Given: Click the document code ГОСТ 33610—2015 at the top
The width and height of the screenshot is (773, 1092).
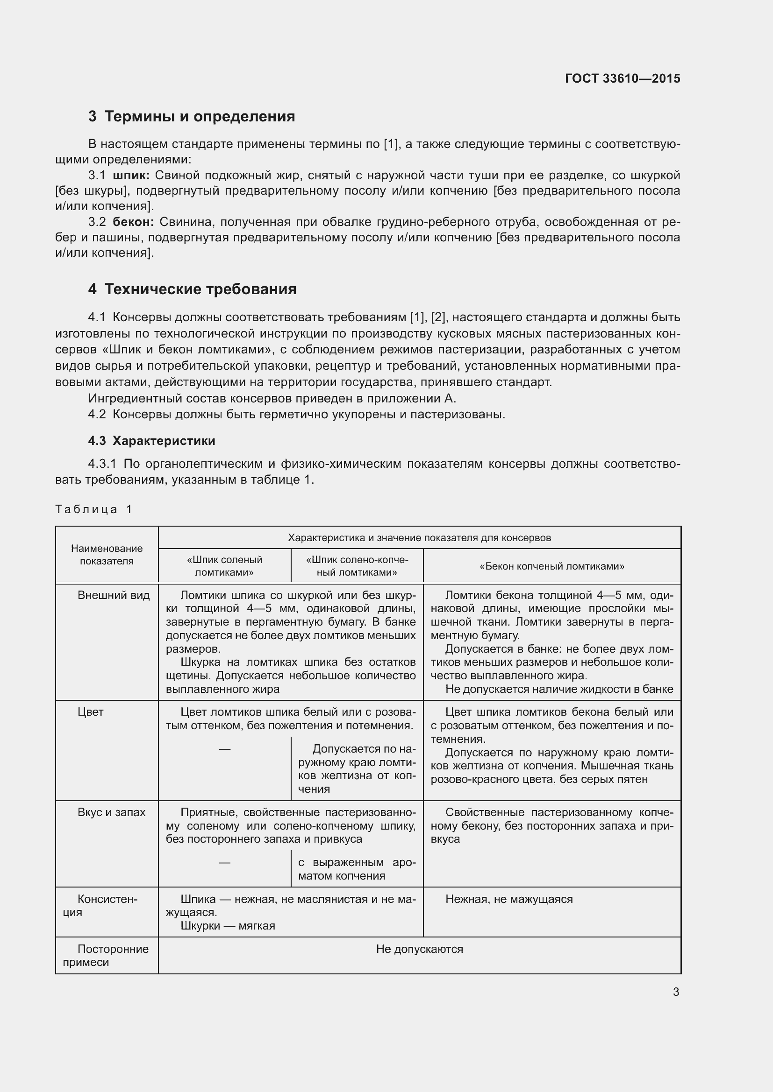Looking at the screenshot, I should (x=622, y=78).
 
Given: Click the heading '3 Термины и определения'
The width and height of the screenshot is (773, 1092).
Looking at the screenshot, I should (x=191, y=117).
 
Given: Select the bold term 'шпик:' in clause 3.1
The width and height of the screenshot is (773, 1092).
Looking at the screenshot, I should (x=131, y=176).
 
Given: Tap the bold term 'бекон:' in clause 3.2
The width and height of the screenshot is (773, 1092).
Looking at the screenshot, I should (x=133, y=222).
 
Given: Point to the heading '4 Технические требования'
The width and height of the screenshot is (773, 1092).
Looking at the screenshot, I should (x=192, y=289).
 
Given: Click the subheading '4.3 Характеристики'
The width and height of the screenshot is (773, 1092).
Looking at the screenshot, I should (x=151, y=441).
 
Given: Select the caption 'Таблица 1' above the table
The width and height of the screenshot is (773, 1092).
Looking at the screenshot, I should (x=93, y=509).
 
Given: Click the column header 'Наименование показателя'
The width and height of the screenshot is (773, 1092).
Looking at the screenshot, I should (x=107, y=555).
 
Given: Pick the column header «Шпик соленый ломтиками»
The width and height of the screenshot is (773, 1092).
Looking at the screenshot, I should (x=224, y=566).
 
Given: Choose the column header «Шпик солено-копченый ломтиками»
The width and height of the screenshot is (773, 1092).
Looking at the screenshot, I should (x=357, y=566).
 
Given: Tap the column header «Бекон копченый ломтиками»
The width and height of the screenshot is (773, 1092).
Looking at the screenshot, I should (x=551, y=566).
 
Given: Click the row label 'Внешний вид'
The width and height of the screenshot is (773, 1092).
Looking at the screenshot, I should (x=113, y=595).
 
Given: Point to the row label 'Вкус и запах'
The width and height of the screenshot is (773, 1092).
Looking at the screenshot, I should (x=111, y=812).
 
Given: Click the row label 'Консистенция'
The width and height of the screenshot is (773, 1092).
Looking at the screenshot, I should (x=107, y=906).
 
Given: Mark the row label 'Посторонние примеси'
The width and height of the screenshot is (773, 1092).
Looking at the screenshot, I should (x=107, y=956).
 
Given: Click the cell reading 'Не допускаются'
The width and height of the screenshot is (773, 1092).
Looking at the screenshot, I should (x=419, y=949).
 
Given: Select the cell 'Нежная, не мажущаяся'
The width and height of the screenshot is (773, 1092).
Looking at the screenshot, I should (x=509, y=899).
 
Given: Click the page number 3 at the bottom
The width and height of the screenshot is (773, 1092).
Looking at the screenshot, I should (x=676, y=992).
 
